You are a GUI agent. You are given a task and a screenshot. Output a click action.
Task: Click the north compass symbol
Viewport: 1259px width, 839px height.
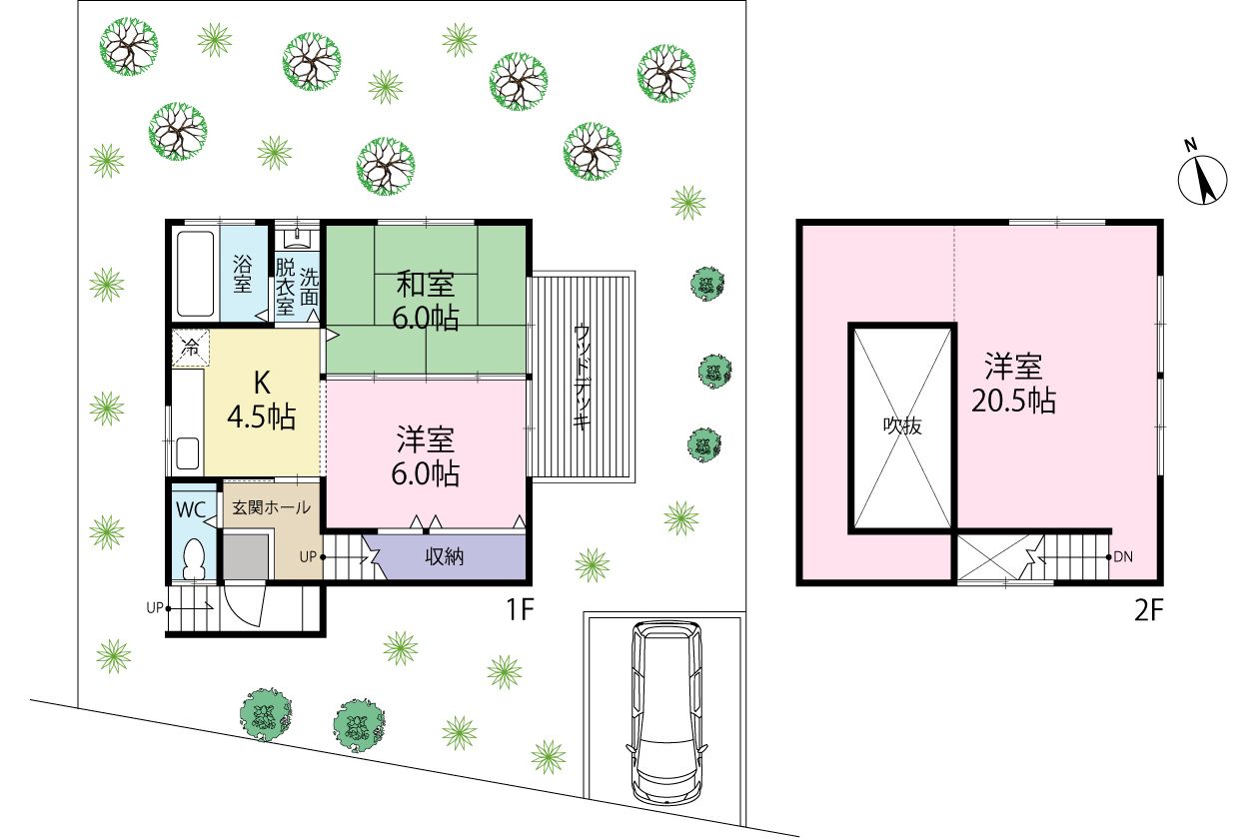coord(1202,179)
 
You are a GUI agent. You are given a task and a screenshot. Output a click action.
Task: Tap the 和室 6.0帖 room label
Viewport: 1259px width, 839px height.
coord(426,301)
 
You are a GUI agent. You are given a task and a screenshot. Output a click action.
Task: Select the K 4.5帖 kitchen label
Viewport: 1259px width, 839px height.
coord(262,400)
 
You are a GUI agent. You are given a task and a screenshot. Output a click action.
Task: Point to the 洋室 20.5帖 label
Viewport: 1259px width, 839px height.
coord(1013,384)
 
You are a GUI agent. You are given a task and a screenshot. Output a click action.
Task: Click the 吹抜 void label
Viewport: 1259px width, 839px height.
coord(902,425)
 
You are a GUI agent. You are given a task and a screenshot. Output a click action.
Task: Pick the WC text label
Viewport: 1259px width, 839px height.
coord(191,509)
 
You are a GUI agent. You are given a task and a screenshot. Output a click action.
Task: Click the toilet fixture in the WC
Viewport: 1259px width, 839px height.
coord(194,558)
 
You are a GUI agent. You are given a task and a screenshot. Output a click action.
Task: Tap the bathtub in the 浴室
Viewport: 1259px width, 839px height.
coord(195,275)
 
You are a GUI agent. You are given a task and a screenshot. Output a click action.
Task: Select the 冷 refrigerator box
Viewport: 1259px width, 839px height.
coord(191,348)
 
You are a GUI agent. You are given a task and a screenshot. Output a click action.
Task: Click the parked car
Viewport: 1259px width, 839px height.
coord(666,713)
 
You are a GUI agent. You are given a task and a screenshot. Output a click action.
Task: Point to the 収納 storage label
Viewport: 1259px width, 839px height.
coord(444,556)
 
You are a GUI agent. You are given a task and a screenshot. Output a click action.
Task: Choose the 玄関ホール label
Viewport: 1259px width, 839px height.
coord(271,507)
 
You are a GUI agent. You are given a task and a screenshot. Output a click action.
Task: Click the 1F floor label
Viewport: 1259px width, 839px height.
coord(520,609)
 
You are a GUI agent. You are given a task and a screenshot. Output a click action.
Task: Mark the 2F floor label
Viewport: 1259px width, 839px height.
coord(1148,610)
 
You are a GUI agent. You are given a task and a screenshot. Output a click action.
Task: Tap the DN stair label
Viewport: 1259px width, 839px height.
coord(1123,557)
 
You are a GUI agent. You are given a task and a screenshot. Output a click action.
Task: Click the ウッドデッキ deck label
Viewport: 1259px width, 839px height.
coord(582,378)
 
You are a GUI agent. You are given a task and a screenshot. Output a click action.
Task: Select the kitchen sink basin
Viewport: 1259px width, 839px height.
coord(188,452)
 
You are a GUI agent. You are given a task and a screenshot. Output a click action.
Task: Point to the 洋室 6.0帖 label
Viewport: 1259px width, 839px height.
coord(426,455)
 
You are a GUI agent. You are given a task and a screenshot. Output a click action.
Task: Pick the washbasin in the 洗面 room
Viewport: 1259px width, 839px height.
coord(297,239)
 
